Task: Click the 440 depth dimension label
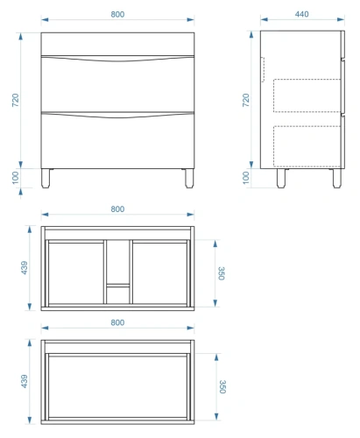tap(301, 14)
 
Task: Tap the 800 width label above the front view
tap(117, 14)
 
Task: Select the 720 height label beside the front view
tap(16, 100)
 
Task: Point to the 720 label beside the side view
tap(246, 100)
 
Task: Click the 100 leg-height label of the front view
tap(16, 178)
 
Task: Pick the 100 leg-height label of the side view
tap(246, 178)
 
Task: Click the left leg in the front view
tap(46, 178)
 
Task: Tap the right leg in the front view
tap(189, 178)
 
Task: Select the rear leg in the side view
tap(281, 178)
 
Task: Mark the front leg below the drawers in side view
tap(337, 178)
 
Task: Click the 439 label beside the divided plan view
tap(25, 268)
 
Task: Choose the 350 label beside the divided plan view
tap(222, 273)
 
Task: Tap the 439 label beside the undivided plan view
tap(25, 381)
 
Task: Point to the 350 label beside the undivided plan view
tap(222, 386)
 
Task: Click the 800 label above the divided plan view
tap(117, 209)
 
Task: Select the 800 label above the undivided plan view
tap(117, 322)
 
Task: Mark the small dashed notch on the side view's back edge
tap(264, 69)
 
